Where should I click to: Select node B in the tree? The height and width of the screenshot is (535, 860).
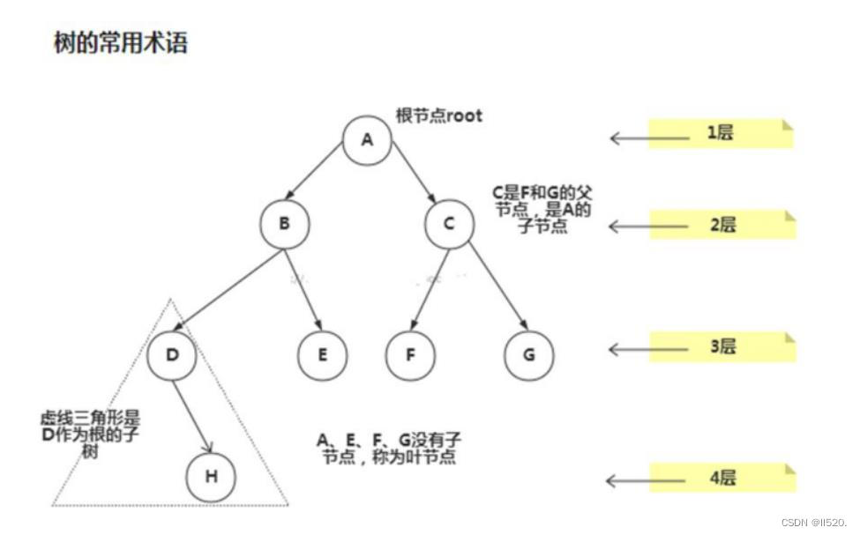click(285, 224)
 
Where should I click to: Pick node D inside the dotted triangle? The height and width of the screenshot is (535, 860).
click(173, 354)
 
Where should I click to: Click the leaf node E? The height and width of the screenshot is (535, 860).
click(322, 354)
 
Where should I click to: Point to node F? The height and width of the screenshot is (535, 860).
click(410, 354)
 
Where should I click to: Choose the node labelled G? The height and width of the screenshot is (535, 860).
click(529, 354)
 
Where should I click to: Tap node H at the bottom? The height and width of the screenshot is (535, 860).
click(211, 477)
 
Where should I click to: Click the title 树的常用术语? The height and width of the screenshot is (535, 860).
click(121, 43)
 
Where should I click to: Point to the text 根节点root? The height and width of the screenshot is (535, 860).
click(439, 115)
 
